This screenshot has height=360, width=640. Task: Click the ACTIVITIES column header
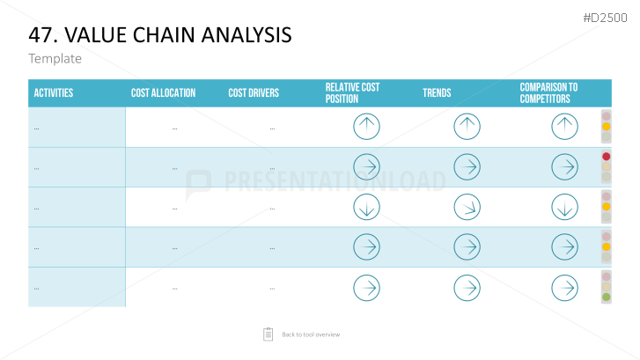point(54,93)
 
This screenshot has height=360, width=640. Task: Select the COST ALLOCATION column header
point(163,93)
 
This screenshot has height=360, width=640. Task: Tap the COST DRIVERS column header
point(254,93)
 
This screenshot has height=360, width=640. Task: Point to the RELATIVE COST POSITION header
point(352,93)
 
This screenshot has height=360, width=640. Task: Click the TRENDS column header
point(437,93)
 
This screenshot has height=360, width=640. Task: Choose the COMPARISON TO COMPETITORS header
point(548,93)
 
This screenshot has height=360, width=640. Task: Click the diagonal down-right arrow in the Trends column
point(467,208)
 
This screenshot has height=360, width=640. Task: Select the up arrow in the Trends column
point(467,127)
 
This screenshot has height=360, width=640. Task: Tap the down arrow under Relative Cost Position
point(366,208)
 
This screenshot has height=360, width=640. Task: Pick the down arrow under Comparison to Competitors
point(564,208)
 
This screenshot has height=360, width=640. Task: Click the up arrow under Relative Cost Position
point(366,127)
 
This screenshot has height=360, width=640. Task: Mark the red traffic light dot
point(607,157)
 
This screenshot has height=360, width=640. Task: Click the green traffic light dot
point(607,298)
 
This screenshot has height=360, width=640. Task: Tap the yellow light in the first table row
point(607,127)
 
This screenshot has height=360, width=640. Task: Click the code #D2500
point(605,18)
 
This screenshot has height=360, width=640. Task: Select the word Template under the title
point(55,59)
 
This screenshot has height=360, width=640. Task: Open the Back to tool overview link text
point(311,334)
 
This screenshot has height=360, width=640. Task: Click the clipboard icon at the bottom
point(269,334)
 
